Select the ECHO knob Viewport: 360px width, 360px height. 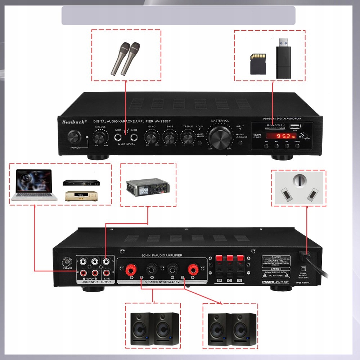pyautogui.click(x=152, y=137)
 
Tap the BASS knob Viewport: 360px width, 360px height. pyautogui.click(x=169, y=137)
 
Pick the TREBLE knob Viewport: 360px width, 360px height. pyautogui.click(x=187, y=137)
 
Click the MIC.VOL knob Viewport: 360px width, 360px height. pyautogui.click(x=100, y=137)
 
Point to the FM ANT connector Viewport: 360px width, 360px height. pyautogui.click(x=67, y=261)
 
